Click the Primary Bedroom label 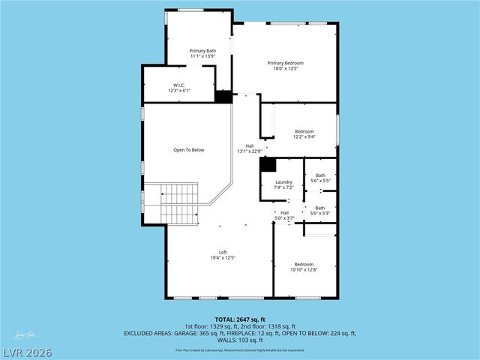286,66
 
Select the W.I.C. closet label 179,88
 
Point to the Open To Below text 189,150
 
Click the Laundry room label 283,184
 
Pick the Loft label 223,255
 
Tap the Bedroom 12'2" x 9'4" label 304,133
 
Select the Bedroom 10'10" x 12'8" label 304,267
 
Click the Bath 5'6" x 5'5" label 319,178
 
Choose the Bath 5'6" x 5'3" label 319,211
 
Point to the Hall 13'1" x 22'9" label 250,148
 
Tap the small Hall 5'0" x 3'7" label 284,215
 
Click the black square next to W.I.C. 223,97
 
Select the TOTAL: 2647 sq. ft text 239,319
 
